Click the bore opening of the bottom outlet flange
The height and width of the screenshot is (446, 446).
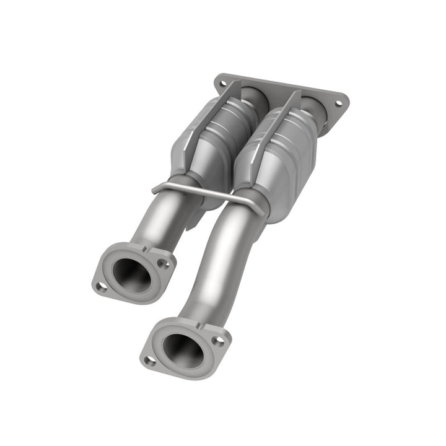point(183,350)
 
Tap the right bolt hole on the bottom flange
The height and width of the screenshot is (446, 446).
point(218,340)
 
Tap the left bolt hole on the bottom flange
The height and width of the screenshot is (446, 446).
point(149,359)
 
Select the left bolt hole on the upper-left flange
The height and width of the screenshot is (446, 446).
point(101,286)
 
